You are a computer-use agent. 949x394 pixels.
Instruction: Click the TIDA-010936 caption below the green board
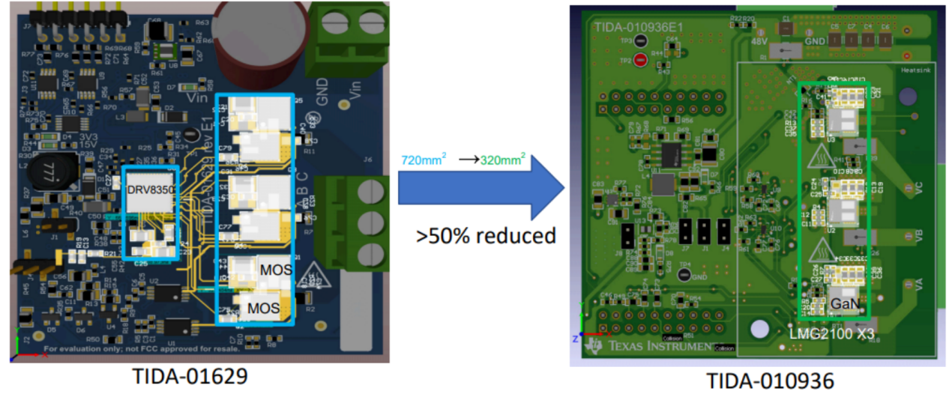[770, 381]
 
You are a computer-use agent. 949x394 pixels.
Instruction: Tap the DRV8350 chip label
[151, 190]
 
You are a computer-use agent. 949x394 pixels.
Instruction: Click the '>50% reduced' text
[486, 235]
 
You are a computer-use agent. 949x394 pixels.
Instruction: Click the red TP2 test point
[640, 61]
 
